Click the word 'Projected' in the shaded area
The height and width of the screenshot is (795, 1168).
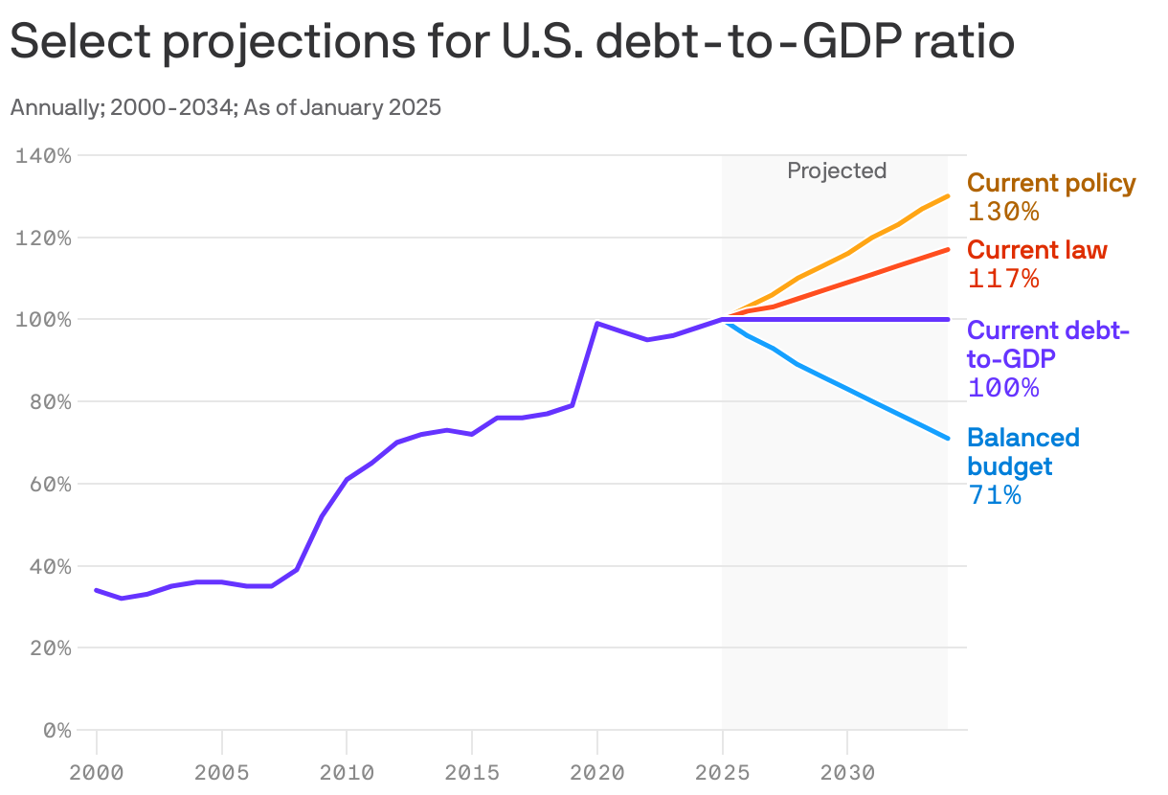pos(837,170)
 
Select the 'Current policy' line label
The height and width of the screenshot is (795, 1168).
pos(1051,183)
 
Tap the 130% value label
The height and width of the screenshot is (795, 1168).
pos(1002,212)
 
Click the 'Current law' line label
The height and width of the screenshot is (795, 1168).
pos(1037,250)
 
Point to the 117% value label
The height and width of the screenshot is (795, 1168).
pos(1002,279)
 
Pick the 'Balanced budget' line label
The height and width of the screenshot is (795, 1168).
pos(1022,452)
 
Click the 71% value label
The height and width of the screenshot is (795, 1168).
pos(995,495)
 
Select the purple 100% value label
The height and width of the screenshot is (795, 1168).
pos(1002,388)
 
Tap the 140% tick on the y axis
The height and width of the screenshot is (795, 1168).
pos(44,155)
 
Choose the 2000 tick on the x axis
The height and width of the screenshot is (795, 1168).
pos(96,772)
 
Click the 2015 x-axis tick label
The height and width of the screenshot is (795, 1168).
pos(471,772)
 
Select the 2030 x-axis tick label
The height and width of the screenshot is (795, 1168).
pos(846,772)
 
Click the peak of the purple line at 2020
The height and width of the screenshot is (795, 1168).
pos(597,324)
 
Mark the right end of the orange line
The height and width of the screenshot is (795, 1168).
pos(948,196)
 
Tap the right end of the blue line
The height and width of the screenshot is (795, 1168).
pos(948,439)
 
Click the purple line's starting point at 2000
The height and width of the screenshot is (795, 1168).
pos(97,590)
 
